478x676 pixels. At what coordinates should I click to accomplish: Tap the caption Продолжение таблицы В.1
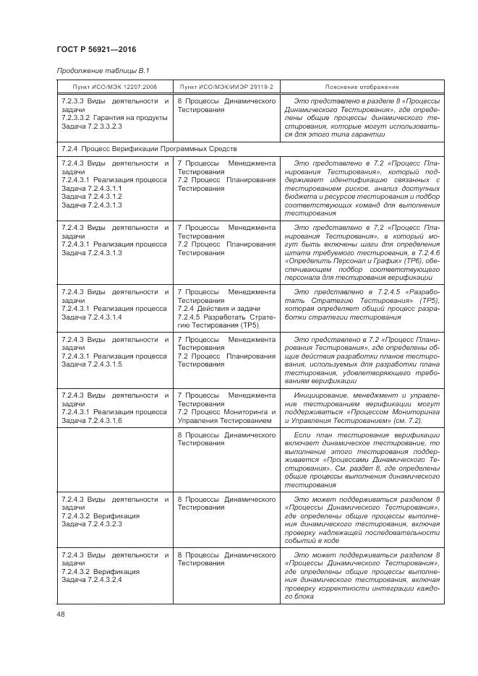tap(103, 70)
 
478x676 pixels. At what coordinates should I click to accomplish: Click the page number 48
tap(60, 614)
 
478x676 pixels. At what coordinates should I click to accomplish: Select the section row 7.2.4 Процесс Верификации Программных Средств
tap(150, 148)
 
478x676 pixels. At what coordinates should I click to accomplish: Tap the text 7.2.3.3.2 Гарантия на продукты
tap(114, 117)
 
